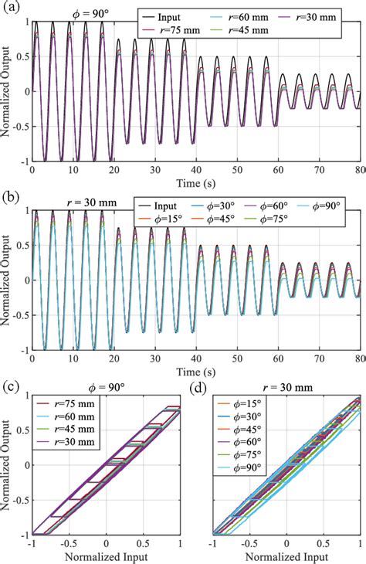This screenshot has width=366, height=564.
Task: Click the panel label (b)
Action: (10, 196)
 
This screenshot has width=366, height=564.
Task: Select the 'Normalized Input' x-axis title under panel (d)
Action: (287, 556)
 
